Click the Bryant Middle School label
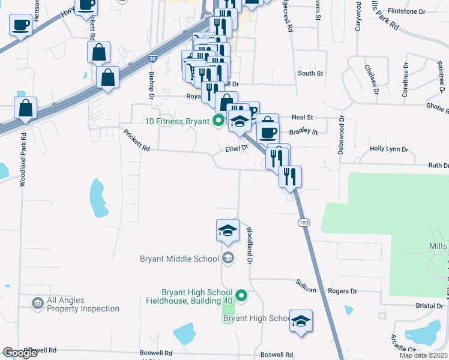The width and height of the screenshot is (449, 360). tap(179, 259)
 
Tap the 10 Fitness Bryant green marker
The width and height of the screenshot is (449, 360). tap(218, 121)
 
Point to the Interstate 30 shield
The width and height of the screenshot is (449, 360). tap(154, 59)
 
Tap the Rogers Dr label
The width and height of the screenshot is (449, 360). tap(343, 291)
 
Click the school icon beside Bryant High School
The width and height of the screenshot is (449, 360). tap(301, 321)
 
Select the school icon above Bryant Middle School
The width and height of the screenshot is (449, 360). tap(228, 231)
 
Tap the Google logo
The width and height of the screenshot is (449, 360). tap(20, 353)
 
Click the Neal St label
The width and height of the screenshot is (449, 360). tap(302, 118)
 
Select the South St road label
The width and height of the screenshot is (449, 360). tap(310, 73)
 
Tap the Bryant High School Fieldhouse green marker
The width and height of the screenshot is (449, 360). tap(241, 295)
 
